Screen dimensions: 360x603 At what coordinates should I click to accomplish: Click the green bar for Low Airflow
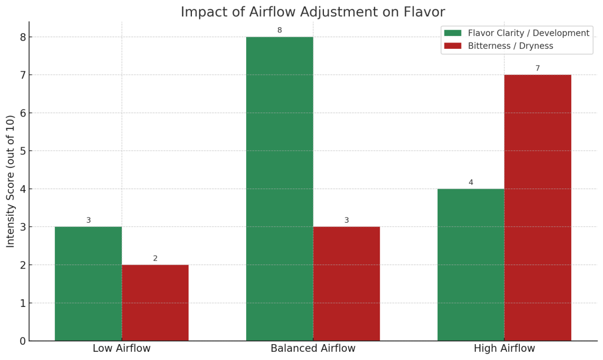[x=88, y=283]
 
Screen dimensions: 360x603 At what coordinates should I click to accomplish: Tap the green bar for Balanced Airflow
[x=280, y=189]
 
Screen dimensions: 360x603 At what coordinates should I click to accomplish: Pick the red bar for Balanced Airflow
[x=346, y=283]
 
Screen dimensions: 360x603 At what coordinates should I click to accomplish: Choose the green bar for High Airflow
[x=471, y=265]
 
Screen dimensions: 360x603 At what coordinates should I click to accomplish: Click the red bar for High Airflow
[x=538, y=207]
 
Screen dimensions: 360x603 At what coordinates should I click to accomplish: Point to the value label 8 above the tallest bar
[x=280, y=30]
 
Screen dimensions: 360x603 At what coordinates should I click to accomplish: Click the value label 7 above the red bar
[x=538, y=68]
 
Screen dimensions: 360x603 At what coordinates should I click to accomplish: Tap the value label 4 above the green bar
[x=471, y=182]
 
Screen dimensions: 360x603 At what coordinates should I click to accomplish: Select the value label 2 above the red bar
[x=155, y=258]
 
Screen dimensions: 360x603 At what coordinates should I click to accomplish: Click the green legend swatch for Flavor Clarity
[x=453, y=33]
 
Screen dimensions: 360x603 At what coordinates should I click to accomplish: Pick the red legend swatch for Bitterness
[x=453, y=46]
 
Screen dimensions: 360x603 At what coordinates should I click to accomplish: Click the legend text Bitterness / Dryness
[x=511, y=46]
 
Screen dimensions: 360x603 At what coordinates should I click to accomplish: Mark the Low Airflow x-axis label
[x=122, y=348]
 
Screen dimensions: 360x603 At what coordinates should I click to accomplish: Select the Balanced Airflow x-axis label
[x=313, y=348]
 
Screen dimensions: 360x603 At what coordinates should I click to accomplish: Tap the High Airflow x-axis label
[x=504, y=348]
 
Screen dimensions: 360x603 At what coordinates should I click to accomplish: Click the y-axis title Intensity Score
[x=11, y=181]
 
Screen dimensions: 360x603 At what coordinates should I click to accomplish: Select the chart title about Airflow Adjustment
[x=313, y=12]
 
